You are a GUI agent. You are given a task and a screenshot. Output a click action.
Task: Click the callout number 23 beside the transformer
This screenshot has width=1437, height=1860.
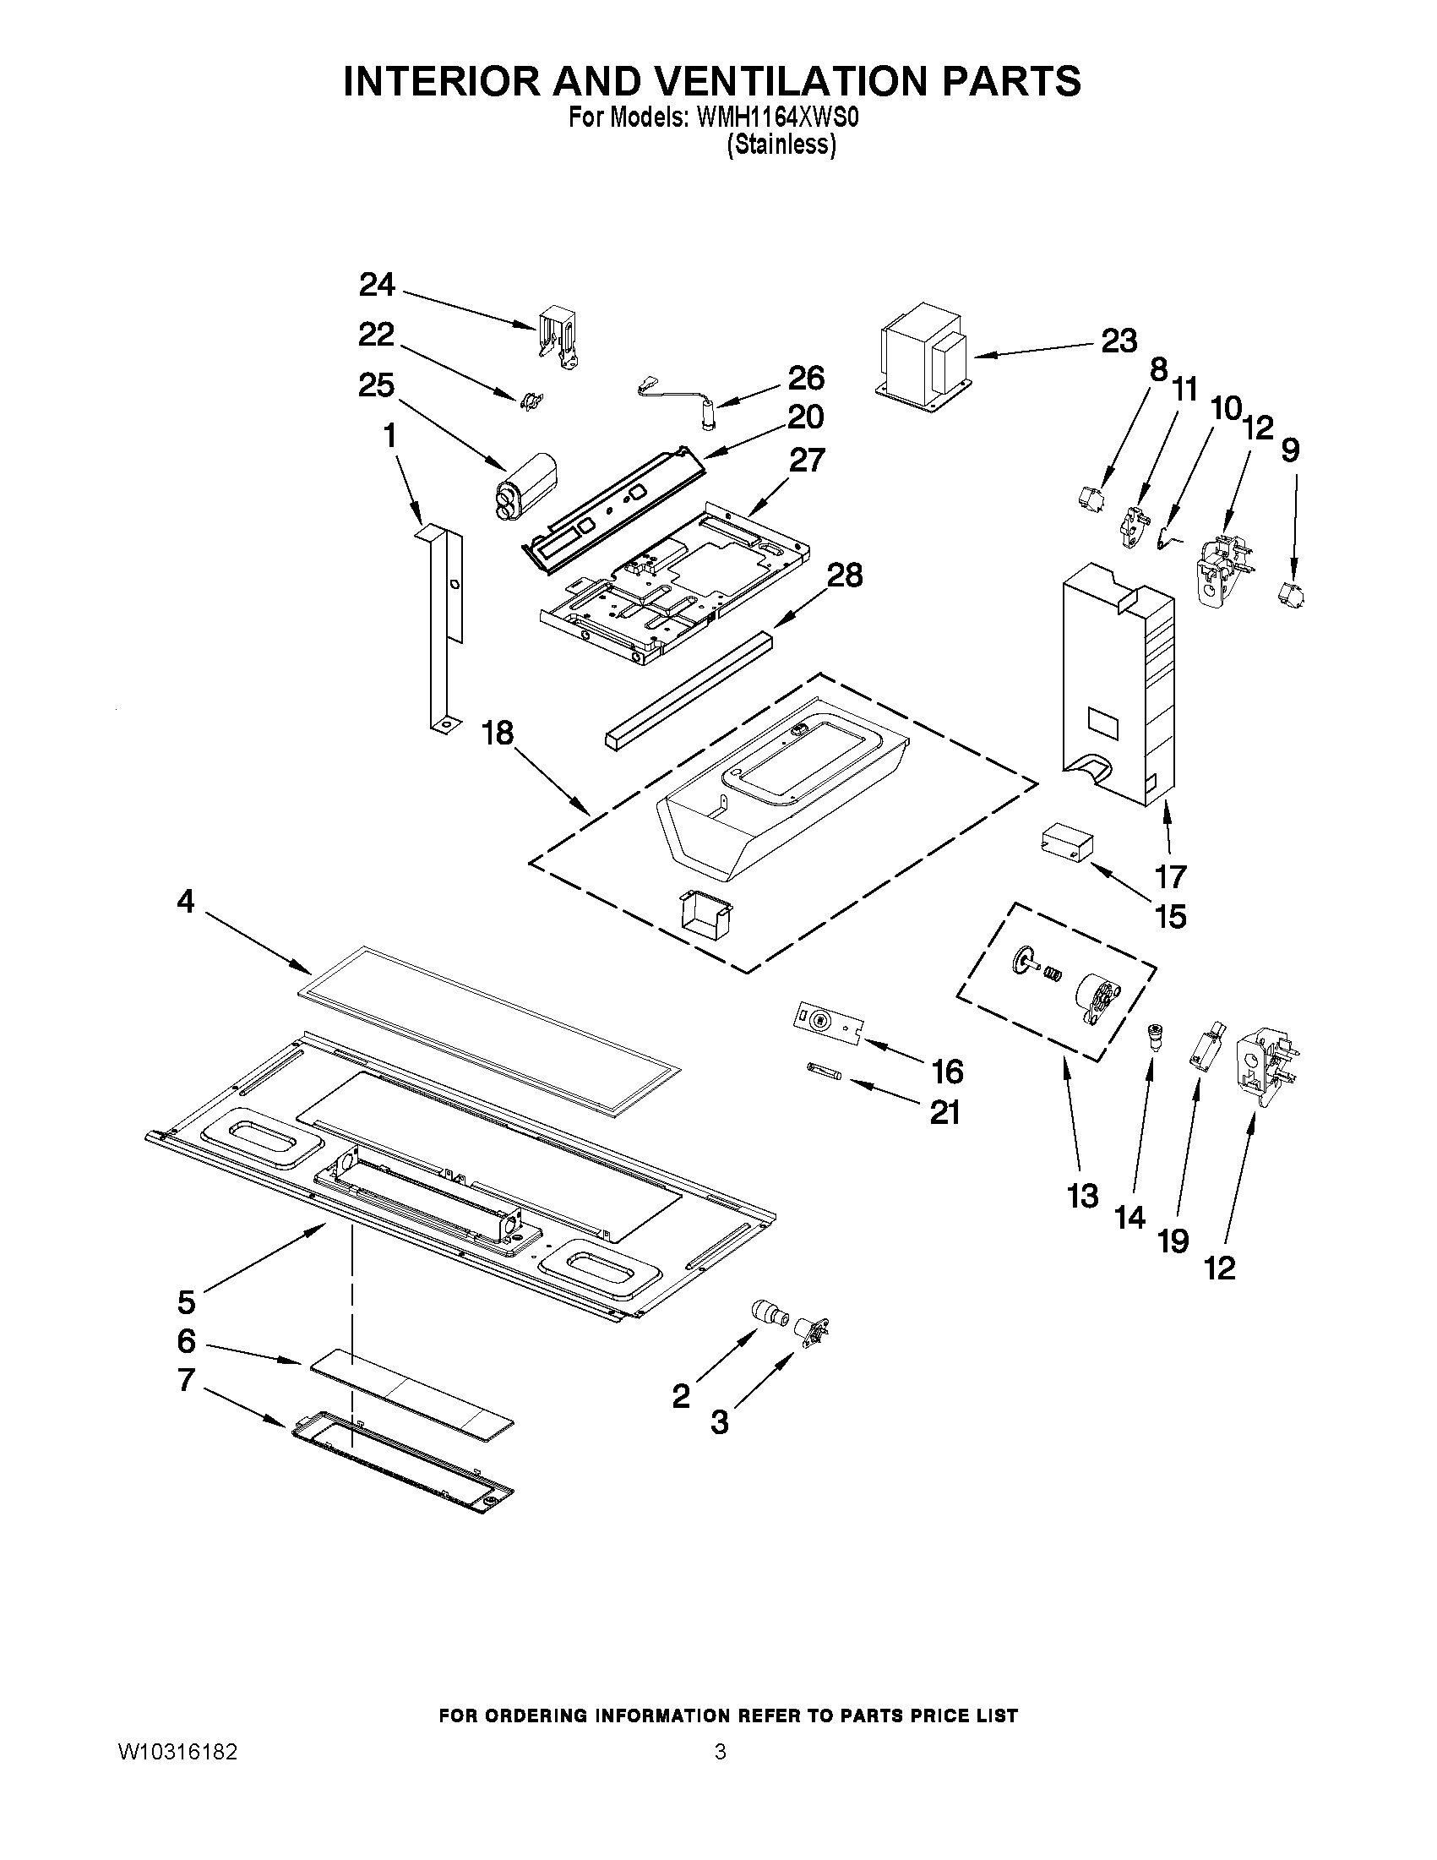[1119, 341]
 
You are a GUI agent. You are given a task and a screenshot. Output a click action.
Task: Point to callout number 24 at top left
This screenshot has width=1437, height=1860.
[376, 284]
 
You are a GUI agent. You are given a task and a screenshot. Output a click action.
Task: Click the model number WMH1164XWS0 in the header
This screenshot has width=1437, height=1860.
[777, 117]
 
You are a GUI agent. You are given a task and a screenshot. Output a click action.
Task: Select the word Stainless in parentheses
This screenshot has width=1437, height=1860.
[781, 145]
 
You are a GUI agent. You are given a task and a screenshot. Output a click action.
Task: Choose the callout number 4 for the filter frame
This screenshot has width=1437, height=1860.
[186, 901]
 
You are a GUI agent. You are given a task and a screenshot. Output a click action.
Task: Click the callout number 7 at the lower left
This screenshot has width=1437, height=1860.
[187, 1379]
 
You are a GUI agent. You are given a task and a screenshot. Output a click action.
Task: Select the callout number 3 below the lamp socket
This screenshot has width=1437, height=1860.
[720, 1421]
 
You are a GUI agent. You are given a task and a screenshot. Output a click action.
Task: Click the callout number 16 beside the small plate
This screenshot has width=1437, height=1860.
[947, 1071]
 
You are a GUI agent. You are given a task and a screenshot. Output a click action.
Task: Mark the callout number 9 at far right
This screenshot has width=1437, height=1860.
[1290, 450]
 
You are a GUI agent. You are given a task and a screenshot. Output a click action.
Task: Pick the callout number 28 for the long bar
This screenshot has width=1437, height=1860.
[844, 575]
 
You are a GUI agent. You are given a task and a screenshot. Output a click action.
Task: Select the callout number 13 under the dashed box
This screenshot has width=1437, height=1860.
[1083, 1196]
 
